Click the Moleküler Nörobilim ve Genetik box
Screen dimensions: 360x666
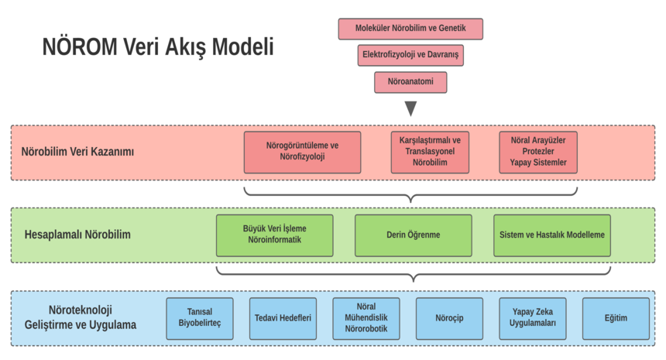[410, 29]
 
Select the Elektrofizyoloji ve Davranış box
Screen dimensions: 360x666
[410, 55]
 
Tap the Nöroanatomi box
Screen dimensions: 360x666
[410, 81]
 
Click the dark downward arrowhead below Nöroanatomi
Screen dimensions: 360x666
[410, 108]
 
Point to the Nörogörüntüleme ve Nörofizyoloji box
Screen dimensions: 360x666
[302, 152]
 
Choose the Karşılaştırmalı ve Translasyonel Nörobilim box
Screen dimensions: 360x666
[430, 152]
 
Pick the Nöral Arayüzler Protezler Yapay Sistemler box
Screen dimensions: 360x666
[538, 152]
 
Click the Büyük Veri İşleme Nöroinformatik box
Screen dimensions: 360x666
[275, 235]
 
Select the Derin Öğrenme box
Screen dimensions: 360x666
[413, 235]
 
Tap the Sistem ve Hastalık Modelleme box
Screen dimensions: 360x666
[552, 235]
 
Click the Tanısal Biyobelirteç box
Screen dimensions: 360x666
[200, 318]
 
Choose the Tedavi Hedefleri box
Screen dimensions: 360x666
[283, 318]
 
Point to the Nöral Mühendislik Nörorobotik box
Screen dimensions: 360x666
[366, 318]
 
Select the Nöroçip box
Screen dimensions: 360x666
[449, 318]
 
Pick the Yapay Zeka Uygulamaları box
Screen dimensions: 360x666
[533, 318]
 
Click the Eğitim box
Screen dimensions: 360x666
[616, 318]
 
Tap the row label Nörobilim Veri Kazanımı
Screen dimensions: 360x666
[77, 152]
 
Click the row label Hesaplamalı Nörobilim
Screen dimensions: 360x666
[77, 235]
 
